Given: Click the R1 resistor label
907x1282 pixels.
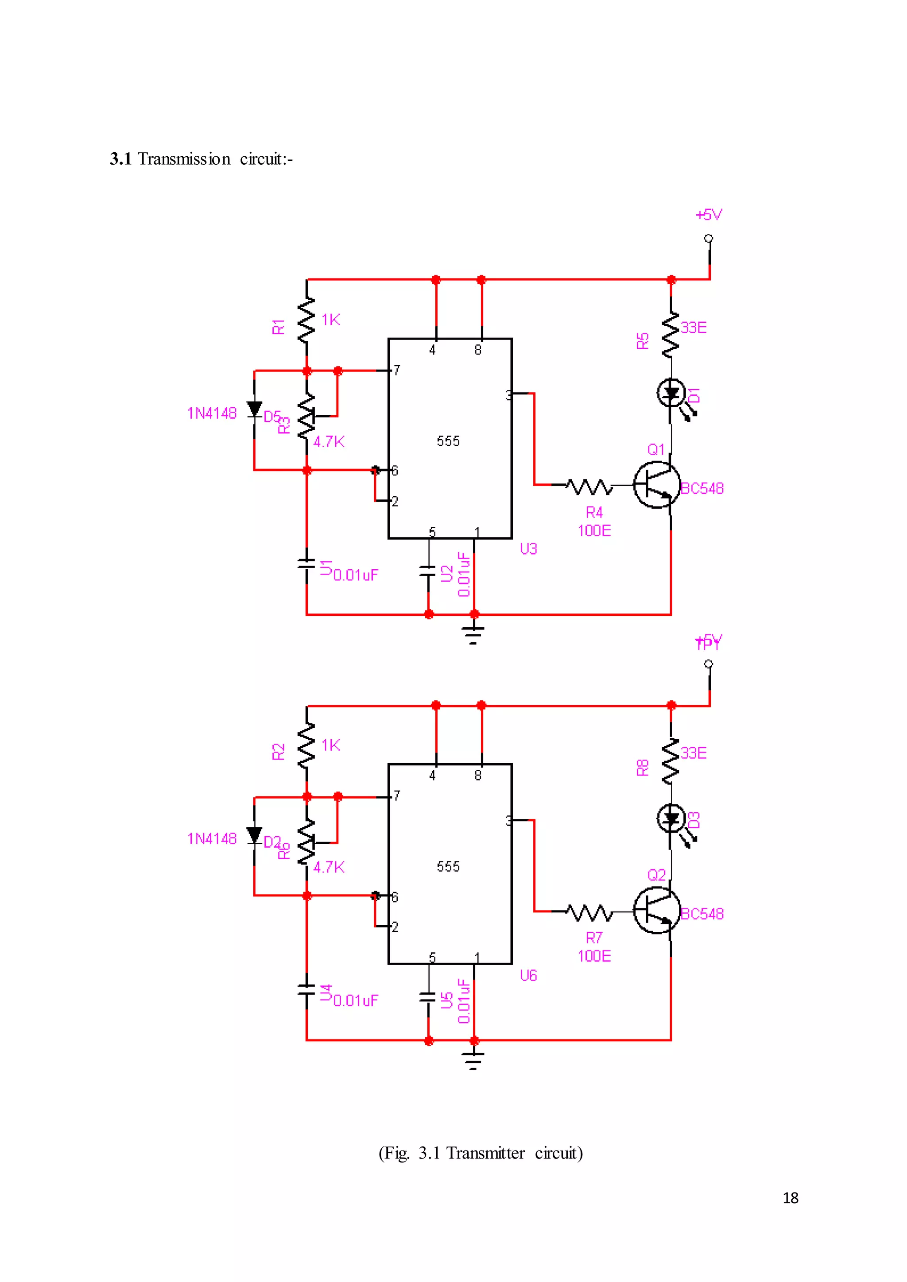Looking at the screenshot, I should click(x=278, y=327).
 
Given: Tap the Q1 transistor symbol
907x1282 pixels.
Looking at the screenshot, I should click(x=657, y=485).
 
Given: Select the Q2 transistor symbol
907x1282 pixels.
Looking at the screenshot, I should click(x=657, y=910).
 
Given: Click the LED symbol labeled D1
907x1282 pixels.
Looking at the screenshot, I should click(x=671, y=393).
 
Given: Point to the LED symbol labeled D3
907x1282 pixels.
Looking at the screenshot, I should click(x=671, y=819).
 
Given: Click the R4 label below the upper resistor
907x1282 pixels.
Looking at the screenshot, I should click(x=594, y=512).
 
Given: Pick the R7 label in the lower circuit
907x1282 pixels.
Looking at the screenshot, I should click(x=594, y=938).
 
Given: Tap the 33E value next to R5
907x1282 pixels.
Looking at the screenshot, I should click(x=694, y=328).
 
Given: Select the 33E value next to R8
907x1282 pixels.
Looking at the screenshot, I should click(x=694, y=753).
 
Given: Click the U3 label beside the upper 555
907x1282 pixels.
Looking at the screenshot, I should click(x=528, y=549).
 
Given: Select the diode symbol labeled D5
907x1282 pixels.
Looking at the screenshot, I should click(x=255, y=409).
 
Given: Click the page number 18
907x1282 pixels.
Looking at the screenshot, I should click(x=790, y=1198).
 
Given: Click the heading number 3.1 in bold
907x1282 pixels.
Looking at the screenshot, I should click(x=120, y=159).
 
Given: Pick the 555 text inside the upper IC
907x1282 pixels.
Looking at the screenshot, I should click(x=448, y=441).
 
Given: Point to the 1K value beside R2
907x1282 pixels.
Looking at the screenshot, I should click(x=331, y=745).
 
